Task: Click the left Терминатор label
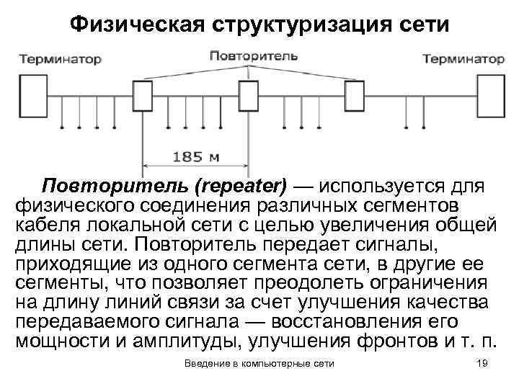click(60, 58)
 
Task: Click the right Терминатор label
click(463, 58)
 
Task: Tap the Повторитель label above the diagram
click(248, 54)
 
